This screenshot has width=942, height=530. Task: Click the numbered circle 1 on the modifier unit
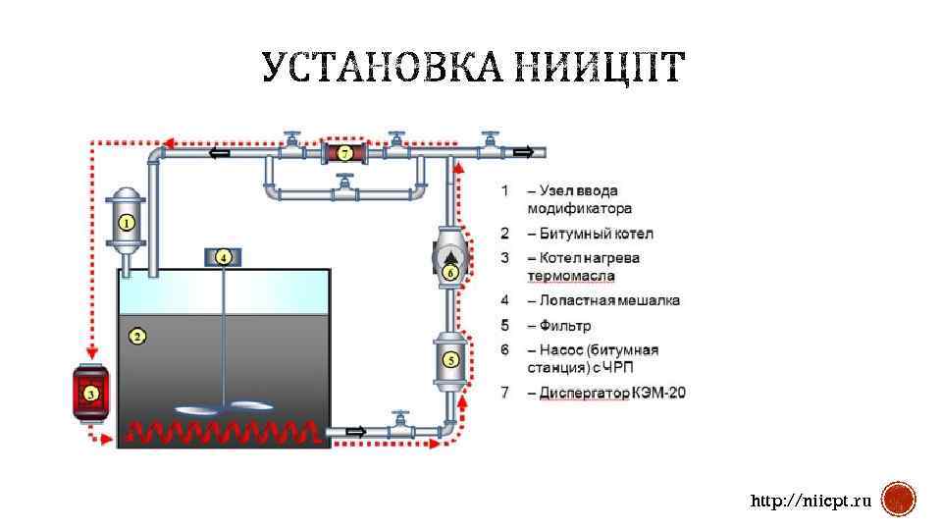[x=127, y=223]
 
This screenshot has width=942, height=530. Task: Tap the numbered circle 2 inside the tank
[x=138, y=337]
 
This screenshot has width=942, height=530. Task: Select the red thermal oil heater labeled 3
[x=90, y=395]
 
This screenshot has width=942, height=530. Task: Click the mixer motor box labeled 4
[x=223, y=257]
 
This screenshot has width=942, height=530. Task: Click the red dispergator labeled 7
[x=344, y=152]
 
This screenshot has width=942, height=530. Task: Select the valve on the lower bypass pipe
[x=343, y=183]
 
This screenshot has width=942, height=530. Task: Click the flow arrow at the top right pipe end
[x=523, y=152]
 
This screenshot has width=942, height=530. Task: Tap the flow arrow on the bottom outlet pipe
[x=356, y=431]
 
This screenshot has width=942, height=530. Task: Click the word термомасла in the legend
[x=570, y=276]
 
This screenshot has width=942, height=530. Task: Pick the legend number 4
[x=504, y=300]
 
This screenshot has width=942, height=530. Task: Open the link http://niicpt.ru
[x=811, y=502]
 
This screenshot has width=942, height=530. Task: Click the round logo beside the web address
[x=899, y=500]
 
